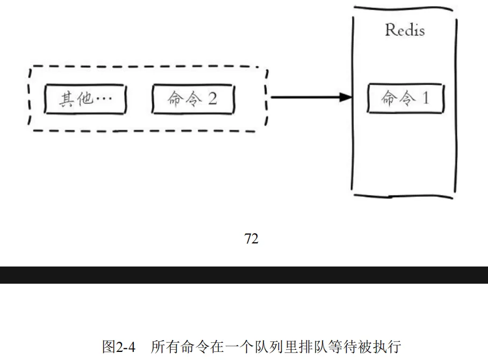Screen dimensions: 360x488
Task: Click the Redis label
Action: [404, 30]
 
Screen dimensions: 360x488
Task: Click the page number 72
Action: [251, 240]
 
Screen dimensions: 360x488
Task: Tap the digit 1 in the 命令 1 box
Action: [425, 98]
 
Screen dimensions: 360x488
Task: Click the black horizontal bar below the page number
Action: [244, 275]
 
